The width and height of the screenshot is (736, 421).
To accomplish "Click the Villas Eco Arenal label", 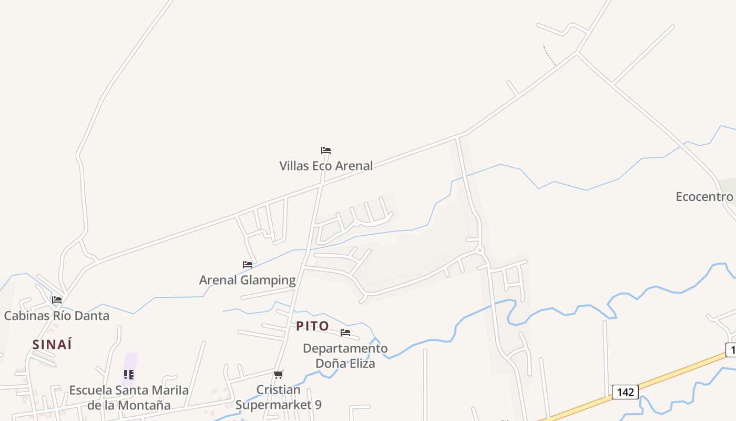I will pyautogui.click(x=326, y=166).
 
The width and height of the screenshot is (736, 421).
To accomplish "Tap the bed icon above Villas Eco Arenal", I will pyautogui.click(x=326, y=151).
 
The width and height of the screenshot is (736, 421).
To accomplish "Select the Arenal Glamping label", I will pyautogui.click(x=247, y=280).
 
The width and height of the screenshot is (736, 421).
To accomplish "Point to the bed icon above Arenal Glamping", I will pyautogui.click(x=248, y=265).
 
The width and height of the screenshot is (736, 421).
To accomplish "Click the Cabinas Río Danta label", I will pyautogui.click(x=57, y=316).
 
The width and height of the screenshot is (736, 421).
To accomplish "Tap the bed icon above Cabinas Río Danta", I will pyautogui.click(x=57, y=300).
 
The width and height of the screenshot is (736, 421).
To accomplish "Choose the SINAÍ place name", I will pyautogui.click(x=52, y=345).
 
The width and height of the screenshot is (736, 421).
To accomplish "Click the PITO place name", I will pyautogui.click(x=312, y=326).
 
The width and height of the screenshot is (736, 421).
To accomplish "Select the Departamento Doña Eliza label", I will pyautogui.click(x=345, y=356).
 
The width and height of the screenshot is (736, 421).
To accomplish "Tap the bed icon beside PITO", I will pyautogui.click(x=345, y=333).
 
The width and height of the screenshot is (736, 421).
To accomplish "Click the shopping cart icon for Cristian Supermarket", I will pyautogui.click(x=278, y=375).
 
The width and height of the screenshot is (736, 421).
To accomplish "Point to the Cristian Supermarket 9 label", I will pyautogui.click(x=278, y=397).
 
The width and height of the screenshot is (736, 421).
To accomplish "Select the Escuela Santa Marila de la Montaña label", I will pyautogui.click(x=129, y=398).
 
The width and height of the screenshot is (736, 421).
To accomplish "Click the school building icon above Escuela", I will pyautogui.click(x=129, y=375).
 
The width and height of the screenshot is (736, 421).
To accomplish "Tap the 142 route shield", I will pyautogui.click(x=625, y=392).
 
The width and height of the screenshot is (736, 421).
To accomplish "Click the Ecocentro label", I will pyautogui.click(x=704, y=197).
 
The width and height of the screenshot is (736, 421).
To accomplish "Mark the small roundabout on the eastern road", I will pyautogui.click(x=479, y=250).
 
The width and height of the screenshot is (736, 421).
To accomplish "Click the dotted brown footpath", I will pyautogui.click(x=549, y=55).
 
